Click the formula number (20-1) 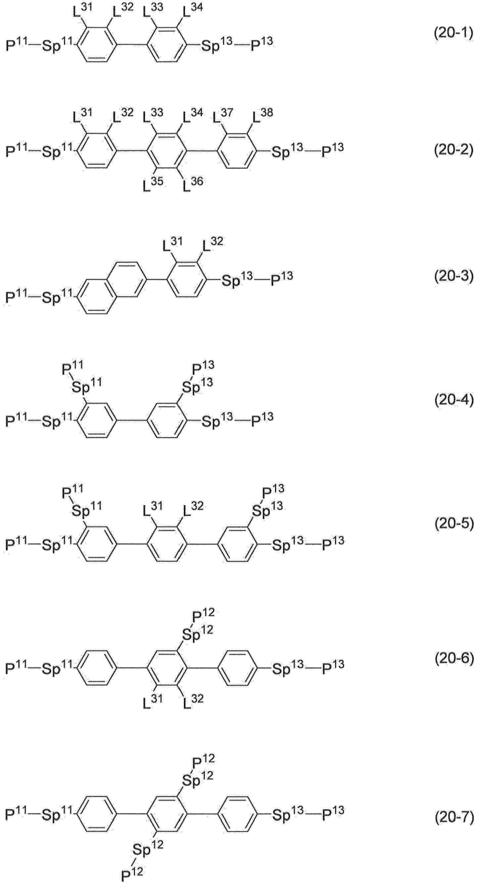click(x=453, y=34)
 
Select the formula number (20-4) click(x=454, y=400)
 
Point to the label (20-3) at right click(x=454, y=277)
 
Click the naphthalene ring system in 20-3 click(x=112, y=288)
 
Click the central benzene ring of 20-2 click(x=167, y=150)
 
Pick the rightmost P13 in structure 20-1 click(x=262, y=45)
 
